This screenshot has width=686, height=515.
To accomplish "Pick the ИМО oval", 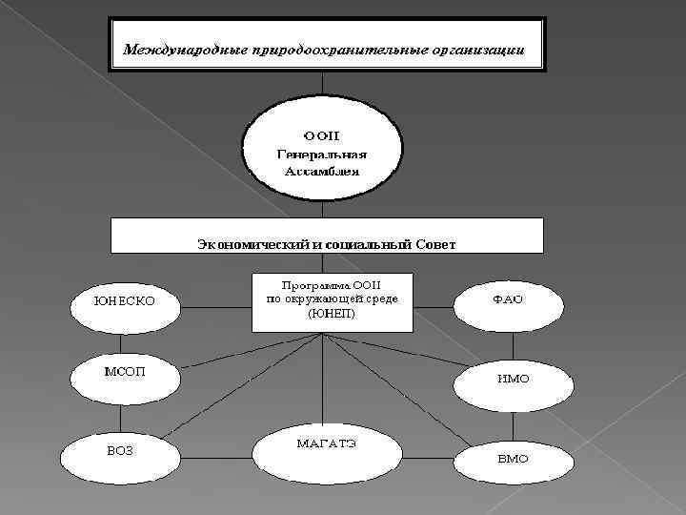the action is coord(512,381).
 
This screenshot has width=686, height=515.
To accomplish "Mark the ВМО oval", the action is coord(512,461).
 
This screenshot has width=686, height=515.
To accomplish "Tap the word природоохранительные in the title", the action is coord(327,48).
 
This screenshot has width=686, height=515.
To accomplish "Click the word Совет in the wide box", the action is coord(434,244).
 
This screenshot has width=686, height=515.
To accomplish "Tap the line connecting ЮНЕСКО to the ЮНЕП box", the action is coord(216,308).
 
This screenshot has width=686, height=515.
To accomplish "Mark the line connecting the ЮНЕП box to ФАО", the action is coord(434,307).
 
